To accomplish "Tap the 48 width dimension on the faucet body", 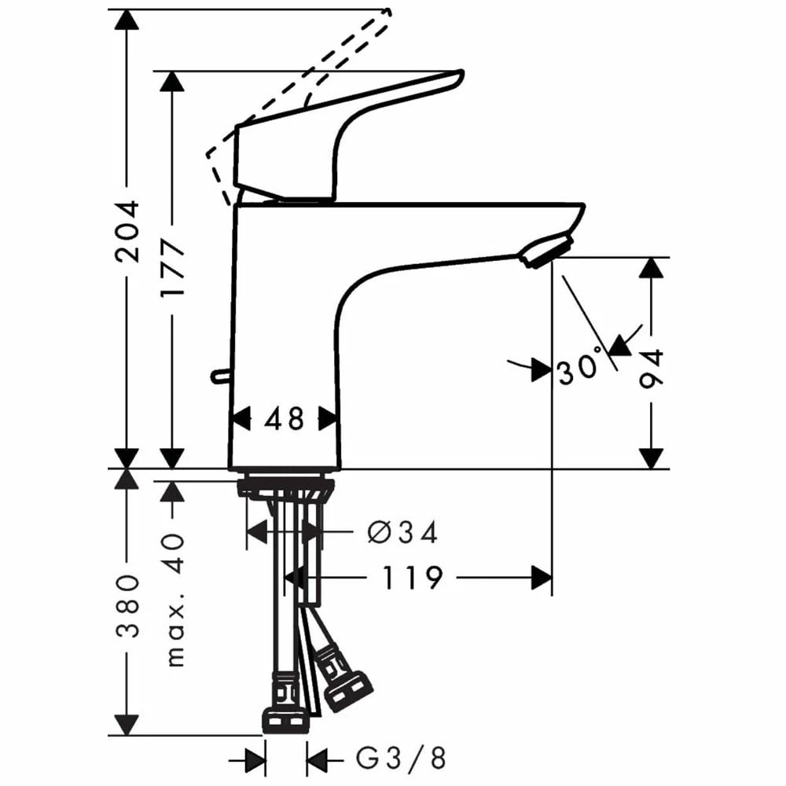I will coord(284,419).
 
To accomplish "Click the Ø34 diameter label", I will coord(402,533).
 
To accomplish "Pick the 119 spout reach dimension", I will coord(413,578).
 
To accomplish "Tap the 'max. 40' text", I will coord(174,599).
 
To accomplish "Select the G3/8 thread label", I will coord(401,759).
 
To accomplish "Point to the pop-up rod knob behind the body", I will coord(217,377).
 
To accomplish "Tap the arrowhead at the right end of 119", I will coord(542,578).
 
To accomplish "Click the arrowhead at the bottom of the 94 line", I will coord(652,458).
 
